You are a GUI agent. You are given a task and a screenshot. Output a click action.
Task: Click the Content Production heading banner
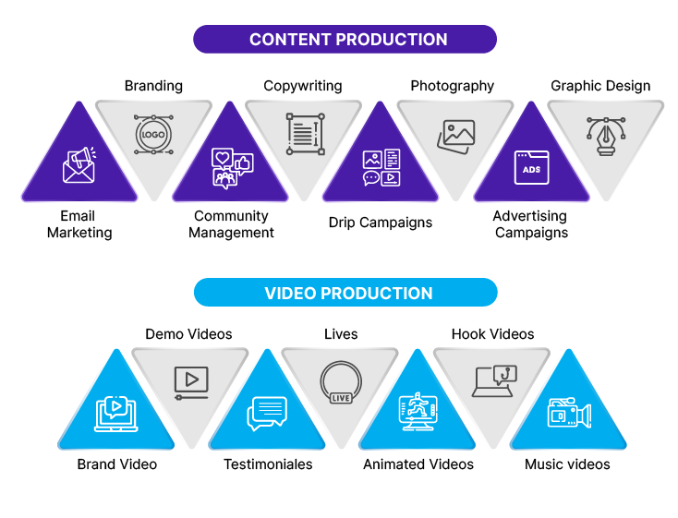pyautogui.click(x=345, y=40)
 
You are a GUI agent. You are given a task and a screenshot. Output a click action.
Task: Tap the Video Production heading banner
pyautogui.click(x=345, y=293)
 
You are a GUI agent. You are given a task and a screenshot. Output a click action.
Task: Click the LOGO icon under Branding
pyautogui.click(x=153, y=135)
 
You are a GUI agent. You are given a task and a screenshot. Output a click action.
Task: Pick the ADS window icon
pyautogui.click(x=531, y=167)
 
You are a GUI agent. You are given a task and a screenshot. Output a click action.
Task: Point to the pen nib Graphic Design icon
pyautogui.click(x=606, y=137)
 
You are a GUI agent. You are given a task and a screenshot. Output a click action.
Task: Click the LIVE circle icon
pyautogui.click(x=341, y=382)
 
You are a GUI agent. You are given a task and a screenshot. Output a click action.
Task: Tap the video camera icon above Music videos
pyautogui.click(x=569, y=413)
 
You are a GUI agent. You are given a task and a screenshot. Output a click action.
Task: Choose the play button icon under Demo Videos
pyautogui.click(x=191, y=383)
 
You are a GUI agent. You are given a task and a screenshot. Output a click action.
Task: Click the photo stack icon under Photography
pyautogui.click(x=455, y=137)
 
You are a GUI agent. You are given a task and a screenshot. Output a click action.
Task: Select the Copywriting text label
pyautogui.click(x=303, y=86)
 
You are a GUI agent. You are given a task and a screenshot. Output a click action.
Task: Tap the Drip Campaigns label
pyautogui.click(x=381, y=223)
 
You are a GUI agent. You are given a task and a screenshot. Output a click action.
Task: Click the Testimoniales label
pyautogui.click(x=268, y=464)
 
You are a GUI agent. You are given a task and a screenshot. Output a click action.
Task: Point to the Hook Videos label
pyautogui.click(x=493, y=334)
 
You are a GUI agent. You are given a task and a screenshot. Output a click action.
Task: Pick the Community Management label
pyautogui.click(x=231, y=224)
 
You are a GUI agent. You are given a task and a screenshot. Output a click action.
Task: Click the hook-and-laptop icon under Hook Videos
pyautogui.click(x=494, y=381)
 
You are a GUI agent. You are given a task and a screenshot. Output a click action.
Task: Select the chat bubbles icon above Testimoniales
pyautogui.click(x=267, y=414)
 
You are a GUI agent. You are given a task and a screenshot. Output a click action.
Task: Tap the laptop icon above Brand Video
pyautogui.click(x=115, y=414)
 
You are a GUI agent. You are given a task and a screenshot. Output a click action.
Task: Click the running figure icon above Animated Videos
pyautogui.click(x=418, y=411)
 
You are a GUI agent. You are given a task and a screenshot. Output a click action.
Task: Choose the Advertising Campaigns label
pyautogui.click(x=531, y=224)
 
